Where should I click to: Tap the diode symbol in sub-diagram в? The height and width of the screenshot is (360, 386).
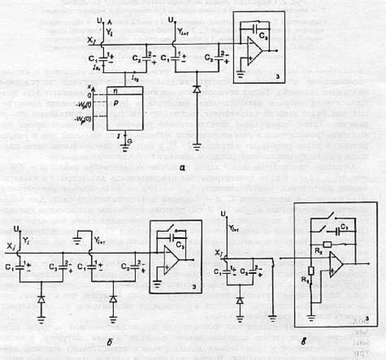tap(240, 301)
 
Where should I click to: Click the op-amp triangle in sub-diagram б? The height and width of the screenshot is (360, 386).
tap(170, 262)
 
